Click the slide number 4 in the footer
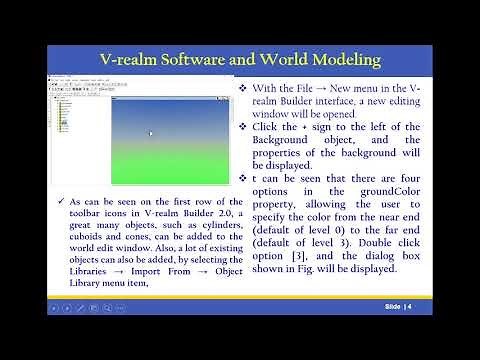coord(410,306)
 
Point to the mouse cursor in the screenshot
coord(151,133)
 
